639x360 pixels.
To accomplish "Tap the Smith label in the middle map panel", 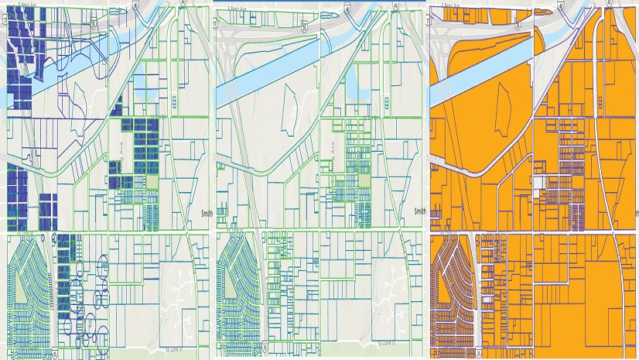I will click(419, 211).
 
